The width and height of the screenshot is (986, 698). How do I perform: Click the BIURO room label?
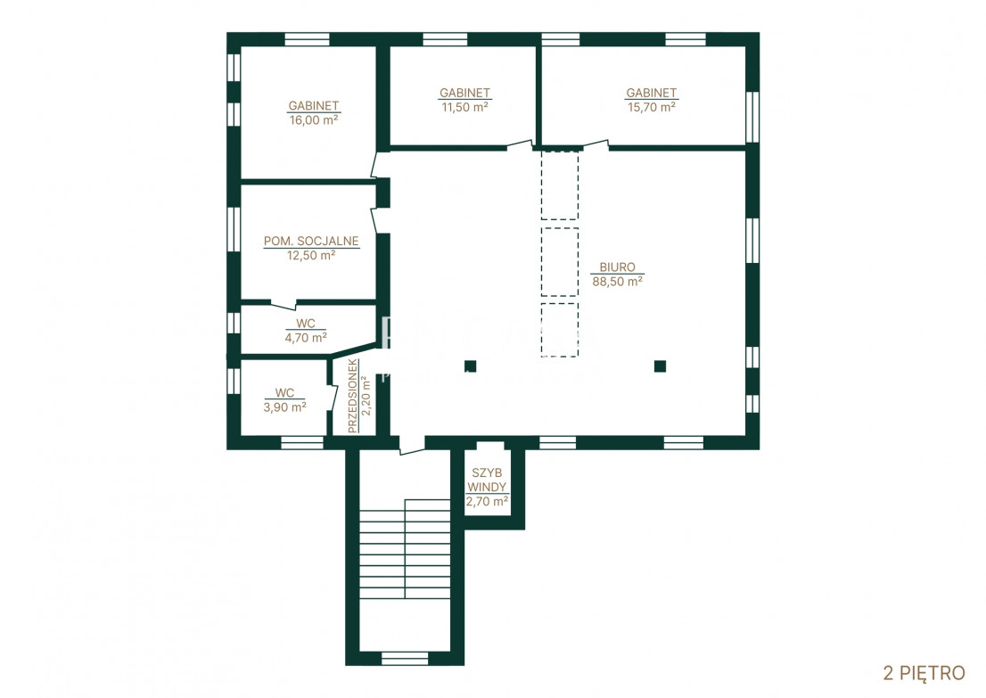pyautogui.click(x=617, y=267)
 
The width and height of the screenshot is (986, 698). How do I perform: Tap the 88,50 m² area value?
pyautogui.click(x=617, y=282)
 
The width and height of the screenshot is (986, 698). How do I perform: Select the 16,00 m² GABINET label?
pyautogui.click(x=313, y=106)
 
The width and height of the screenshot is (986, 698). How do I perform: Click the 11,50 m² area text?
pyautogui.click(x=464, y=107)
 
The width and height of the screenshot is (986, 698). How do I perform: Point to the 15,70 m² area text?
pyautogui.click(x=652, y=107)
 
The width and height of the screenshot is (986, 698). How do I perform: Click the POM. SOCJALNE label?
pyautogui.click(x=311, y=241)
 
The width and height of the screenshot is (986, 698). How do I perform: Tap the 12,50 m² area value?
pyautogui.click(x=311, y=255)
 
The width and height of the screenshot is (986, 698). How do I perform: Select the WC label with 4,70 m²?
pyautogui.click(x=306, y=324)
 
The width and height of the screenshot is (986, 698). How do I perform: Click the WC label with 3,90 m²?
pyautogui.click(x=284, y=393)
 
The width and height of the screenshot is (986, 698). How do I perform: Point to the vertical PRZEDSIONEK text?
pyautogui.click(x=353, y=396)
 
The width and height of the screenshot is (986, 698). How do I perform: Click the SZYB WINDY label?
pyautogui.click(x=487, y=480)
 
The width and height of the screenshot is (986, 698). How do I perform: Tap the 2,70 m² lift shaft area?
pyautogui.click(x=487, y=502)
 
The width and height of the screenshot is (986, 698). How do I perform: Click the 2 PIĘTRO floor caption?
pyautogui.click(x=924, y=673)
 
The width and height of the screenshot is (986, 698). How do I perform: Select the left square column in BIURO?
pyautogui.click(x=471, y=366)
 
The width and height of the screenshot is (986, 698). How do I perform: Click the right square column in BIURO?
pyautogui.click(x=660, y=366)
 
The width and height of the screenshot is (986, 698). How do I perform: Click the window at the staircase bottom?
pyautogui.click(x=405, y=659)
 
